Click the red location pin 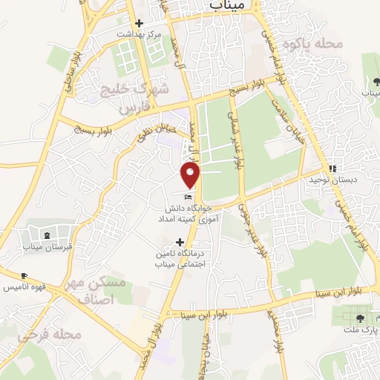191,174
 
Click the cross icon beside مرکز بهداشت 139,22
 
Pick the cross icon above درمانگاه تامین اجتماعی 179,242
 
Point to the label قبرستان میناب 47,246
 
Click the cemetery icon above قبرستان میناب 47,235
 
